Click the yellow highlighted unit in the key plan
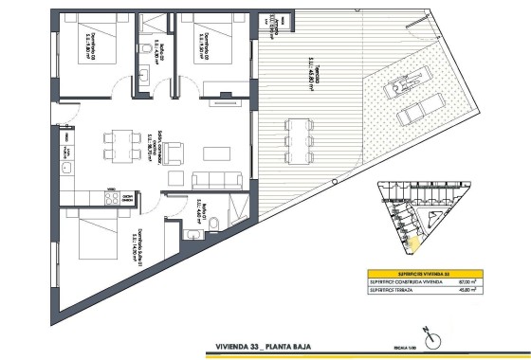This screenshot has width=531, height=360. pyautogui.click(x=412, y=242)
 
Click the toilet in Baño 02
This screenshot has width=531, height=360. pyautogui.click(x=140, y=50)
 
